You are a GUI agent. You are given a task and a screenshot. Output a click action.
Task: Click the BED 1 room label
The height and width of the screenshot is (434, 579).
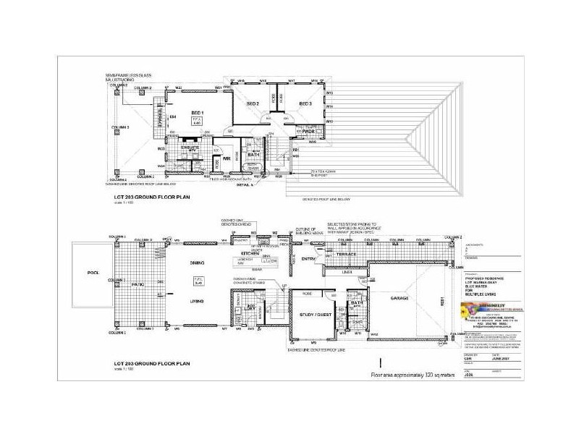197,113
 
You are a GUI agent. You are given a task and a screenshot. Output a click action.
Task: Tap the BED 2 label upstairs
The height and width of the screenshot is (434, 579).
253,104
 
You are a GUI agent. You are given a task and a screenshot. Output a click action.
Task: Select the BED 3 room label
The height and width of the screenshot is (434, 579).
305,104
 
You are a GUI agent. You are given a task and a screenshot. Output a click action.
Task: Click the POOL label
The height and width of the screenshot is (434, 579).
93,273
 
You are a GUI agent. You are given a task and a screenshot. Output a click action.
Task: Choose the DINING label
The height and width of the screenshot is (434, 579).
197,263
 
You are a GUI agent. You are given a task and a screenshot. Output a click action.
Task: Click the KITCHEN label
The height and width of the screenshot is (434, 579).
251,254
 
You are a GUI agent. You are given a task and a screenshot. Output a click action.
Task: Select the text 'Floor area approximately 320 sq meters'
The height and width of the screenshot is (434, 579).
415,376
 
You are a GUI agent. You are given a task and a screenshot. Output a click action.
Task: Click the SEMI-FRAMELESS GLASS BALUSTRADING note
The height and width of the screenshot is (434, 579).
129,77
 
